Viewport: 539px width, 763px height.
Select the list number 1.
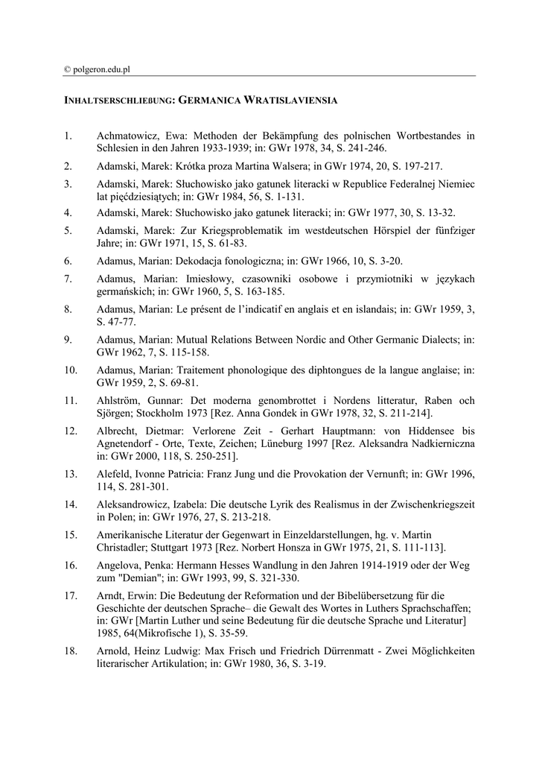tap(68, 136)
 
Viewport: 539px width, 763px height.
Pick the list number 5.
tap(68, 230)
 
